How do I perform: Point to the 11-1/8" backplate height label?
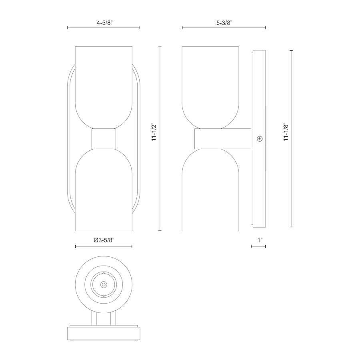coord(286,132)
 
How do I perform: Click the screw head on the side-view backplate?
coord(260,139)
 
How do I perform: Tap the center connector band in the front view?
coord(104,139)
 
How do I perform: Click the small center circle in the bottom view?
coord(104,285)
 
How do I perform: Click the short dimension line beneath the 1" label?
coord(258,246)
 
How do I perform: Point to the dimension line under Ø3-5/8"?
coord(104,246)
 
